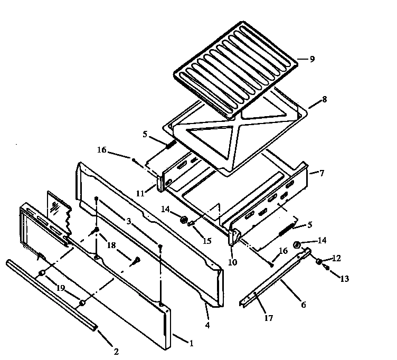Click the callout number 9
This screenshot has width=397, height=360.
tap(312, 59)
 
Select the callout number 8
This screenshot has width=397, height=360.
tap(324, 99)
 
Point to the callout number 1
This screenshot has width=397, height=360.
tap(191, 344)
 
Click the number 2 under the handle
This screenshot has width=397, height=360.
tap(116, 352)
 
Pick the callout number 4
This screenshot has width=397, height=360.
tap(207, 325)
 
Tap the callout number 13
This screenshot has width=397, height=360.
tap(344, 279)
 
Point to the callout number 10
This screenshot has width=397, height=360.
tap(233, 262)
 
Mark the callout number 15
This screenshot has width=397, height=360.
tap(207, 241)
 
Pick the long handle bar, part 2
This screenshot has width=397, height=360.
tap(50, 296)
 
